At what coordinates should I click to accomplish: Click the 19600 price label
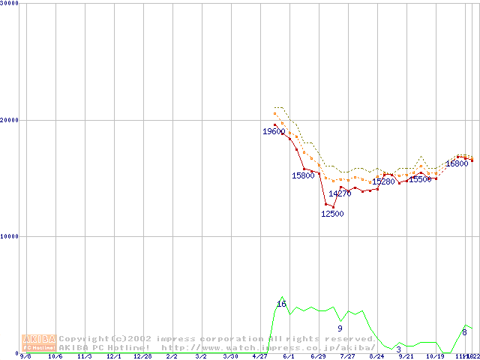[273, 132]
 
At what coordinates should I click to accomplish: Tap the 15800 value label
[303, 175]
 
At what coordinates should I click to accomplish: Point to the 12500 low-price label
[332, 214]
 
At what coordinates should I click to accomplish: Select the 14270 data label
[340, 193]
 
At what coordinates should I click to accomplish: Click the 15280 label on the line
[383, 181]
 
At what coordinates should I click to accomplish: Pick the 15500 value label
[420, 180]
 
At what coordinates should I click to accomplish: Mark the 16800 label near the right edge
[457, 163]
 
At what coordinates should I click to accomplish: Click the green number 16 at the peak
[282, 304]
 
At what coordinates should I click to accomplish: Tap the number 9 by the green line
[340, 328]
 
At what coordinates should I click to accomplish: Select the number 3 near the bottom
[398, 349]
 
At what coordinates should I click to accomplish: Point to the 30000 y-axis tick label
[10, 3]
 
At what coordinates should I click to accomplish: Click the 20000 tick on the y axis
[10, 120]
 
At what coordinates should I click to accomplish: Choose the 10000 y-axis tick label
[10, 236]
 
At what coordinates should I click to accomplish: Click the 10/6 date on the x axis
[55, 356]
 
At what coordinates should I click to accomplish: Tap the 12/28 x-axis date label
[142, 356]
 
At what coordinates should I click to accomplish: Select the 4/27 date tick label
[259, 356]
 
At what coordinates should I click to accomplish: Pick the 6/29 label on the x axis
[318, 356]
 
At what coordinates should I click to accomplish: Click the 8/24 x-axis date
[376, 356]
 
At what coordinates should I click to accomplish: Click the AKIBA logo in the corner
[40, 343]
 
